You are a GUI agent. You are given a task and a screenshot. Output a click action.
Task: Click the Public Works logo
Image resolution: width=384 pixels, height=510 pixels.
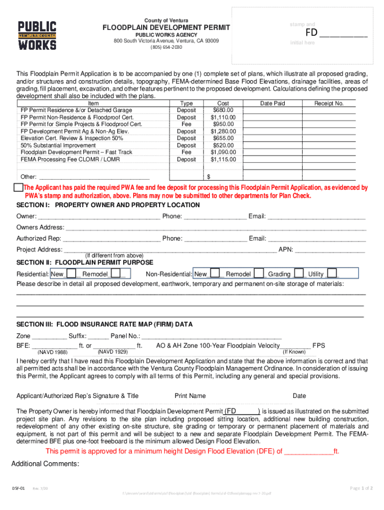click(37, 35)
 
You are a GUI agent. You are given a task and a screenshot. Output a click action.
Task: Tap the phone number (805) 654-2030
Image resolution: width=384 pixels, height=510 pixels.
click(166, 47)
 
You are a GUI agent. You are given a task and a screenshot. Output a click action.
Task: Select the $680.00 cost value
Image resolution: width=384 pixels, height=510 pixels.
click(223, 110)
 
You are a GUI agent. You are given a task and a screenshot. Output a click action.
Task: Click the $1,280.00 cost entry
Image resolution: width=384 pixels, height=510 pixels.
click(223, 131)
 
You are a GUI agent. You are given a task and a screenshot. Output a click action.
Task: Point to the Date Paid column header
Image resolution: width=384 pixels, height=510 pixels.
click(273, 103)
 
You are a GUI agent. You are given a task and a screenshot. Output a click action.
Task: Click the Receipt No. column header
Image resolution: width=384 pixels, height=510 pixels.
click(329, 103)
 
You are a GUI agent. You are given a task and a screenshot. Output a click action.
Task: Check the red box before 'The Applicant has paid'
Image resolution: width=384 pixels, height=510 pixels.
click(18, 187)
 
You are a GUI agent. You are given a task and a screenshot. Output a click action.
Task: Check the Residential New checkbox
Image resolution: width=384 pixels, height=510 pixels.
click(71, 273)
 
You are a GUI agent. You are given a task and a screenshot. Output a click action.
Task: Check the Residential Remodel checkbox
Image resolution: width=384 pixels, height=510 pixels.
click(116, 273)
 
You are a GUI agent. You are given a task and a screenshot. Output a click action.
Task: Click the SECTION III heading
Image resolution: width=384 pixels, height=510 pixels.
click(104, 324)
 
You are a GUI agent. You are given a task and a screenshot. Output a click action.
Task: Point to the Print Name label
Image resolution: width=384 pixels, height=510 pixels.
click(190, 396)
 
